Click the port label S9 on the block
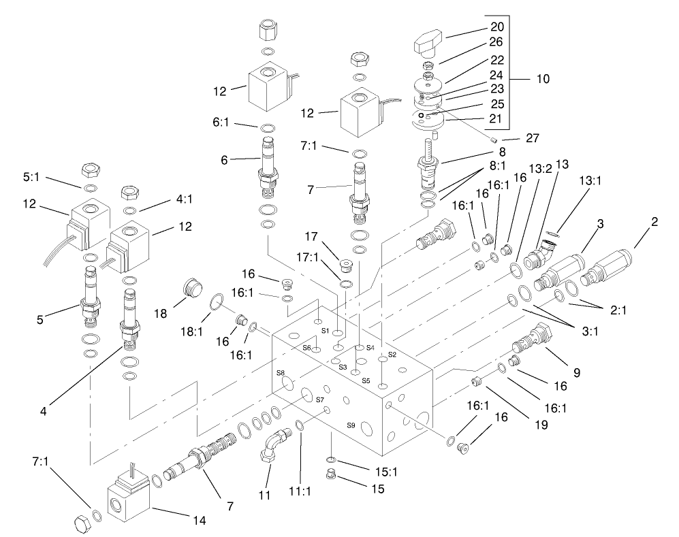click(x=351, y=425)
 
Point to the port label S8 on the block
click(x=280, y=372)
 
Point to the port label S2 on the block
click(x=392, y=355)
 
